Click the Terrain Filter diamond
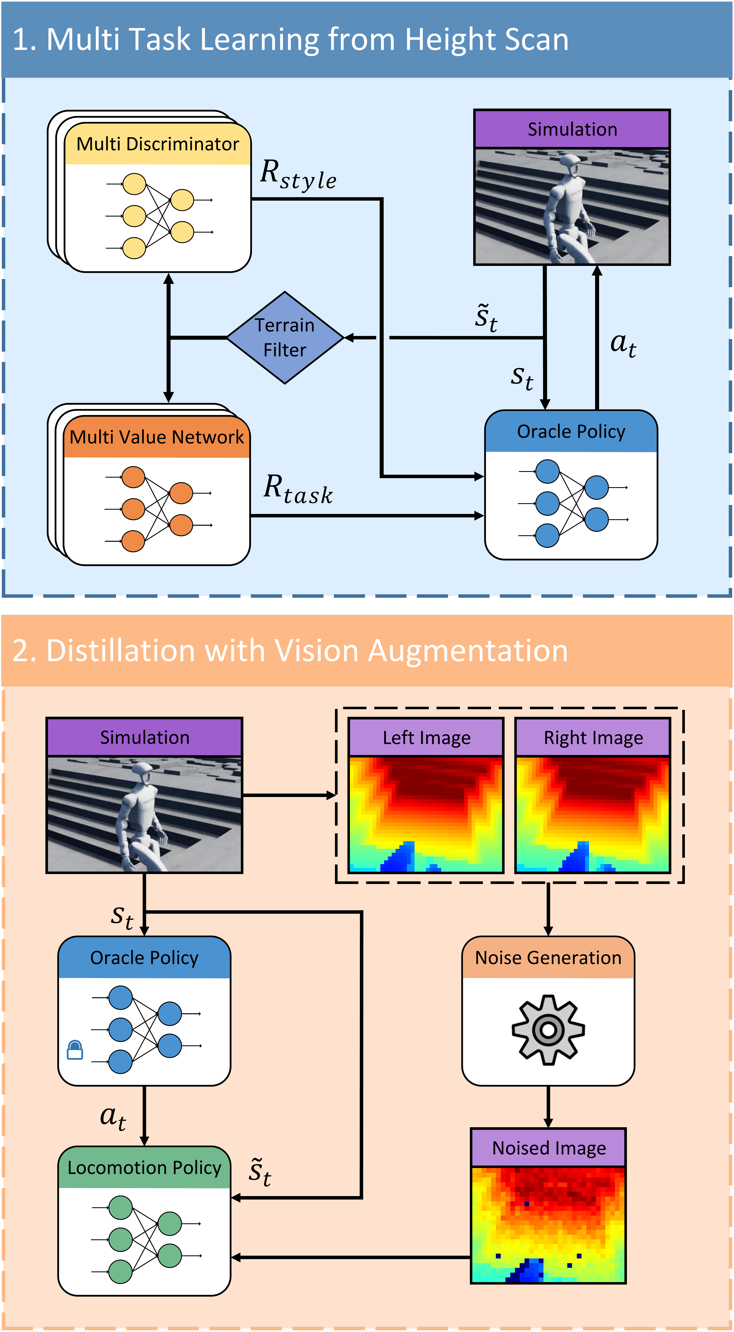tap(285, 338)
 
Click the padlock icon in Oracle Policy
tap(75, 1050)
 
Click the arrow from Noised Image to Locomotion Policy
tap(352, 1257)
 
